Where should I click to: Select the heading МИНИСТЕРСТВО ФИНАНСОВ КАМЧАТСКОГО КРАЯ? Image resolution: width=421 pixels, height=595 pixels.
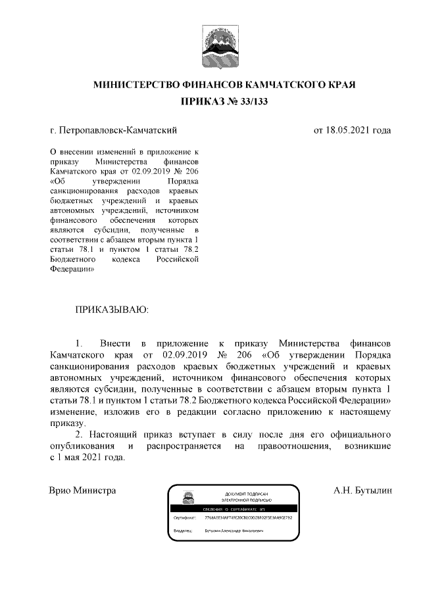pyautogui.click(x=224, y=85)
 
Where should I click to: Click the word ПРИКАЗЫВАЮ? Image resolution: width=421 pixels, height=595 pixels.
pyautogui.click(x=112, y=308)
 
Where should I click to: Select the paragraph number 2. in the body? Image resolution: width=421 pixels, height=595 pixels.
pyautogui.click(x=80, y=435)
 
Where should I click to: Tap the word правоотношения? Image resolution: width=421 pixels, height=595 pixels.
pyautogui.click(x=282, y=446)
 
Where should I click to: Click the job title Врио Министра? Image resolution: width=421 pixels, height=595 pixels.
pyautogui.click(x=83, y=490)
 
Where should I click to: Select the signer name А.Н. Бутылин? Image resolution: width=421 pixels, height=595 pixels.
pyautogui.click(x=362, y=490)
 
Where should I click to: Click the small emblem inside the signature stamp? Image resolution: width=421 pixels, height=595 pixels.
pyautogui.click(x=188, y=498)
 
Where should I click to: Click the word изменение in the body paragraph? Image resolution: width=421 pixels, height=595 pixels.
pyautogui.click(x=74, y=412)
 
